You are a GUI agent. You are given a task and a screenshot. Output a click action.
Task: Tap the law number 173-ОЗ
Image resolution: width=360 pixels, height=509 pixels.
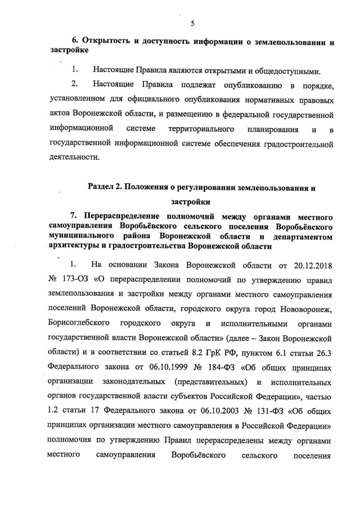coord(77,279)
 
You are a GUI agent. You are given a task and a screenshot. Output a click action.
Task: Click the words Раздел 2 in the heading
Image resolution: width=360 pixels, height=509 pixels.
coord(109,186)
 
